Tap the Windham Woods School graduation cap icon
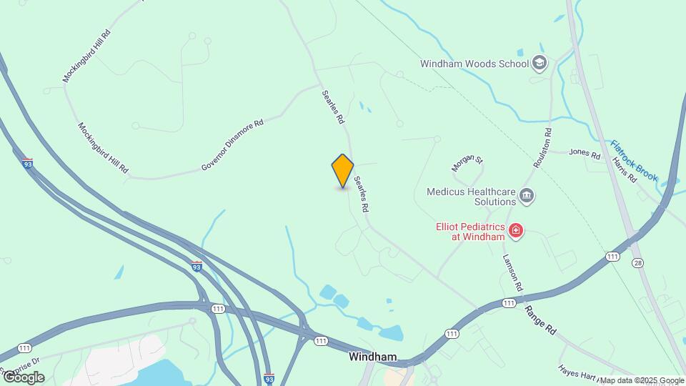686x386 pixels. (x=540, y=64)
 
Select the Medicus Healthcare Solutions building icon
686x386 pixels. (x=527, y=196)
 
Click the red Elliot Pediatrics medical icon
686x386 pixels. (x=515, y=231)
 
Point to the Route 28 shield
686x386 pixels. (x=637, y=263)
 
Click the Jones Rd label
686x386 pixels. (x=584, y=152)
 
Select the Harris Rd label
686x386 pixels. (x=624, y=169)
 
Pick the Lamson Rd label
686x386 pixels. (x=512, y=272)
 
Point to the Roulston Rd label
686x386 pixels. (x=543, y=148)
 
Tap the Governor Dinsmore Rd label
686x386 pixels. (x=232, y=145)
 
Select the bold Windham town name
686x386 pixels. (x=372, y=356)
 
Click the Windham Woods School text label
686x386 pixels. (x=474, y=64)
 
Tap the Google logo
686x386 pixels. (x=23, y=377)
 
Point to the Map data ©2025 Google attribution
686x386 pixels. (x=642, y=380)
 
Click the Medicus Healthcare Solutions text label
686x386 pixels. (x=471, y=197)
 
